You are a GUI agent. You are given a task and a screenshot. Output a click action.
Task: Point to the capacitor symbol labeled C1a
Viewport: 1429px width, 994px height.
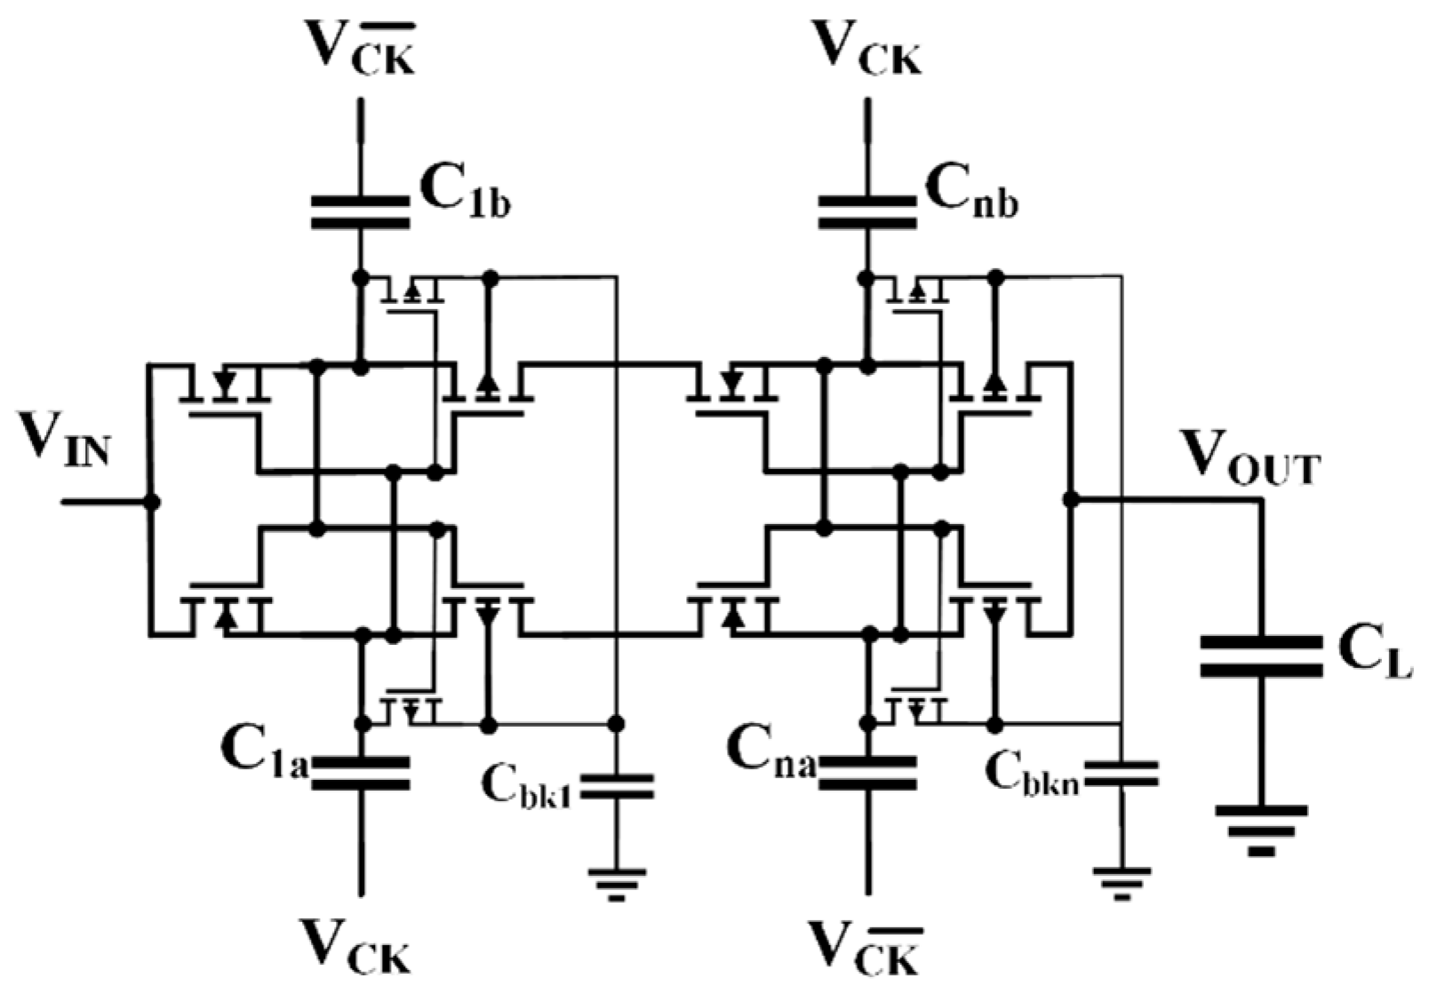click(361, 773)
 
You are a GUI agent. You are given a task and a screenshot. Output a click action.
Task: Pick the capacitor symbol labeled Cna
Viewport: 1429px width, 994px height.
click(867, 773)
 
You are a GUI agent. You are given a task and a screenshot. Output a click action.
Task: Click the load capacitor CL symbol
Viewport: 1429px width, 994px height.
click(1260, 656)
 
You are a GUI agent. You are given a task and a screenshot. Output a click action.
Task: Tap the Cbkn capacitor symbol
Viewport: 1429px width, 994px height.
click(1122, 773)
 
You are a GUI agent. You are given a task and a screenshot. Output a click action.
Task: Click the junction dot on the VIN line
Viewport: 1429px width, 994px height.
click(152, 502)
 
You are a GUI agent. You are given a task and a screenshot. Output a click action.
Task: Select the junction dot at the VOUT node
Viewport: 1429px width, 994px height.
click(1071, 500)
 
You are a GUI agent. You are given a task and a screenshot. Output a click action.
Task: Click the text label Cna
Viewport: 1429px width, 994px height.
click(770, 752)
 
